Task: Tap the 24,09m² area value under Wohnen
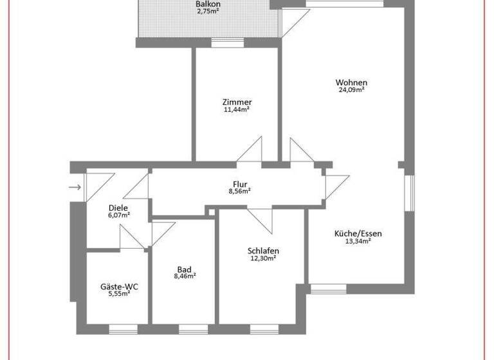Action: [x=351, y=91]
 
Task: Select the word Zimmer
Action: [x=237, y=102]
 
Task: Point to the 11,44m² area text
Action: [x=237, y=110]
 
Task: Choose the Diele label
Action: [x=118, y=208]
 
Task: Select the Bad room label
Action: [x=184, y=269]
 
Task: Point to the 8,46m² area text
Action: [x=184, y=276]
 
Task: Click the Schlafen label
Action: [x=263, y=251]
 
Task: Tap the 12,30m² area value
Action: [x=263, y=258]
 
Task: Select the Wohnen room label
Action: [x=351, y=82]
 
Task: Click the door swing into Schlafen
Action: [x=259, y=221]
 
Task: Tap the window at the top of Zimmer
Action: [x=227, y=44]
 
